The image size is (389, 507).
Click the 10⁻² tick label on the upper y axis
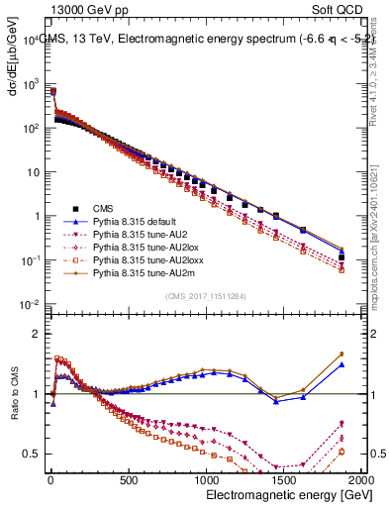click(27, 304)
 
